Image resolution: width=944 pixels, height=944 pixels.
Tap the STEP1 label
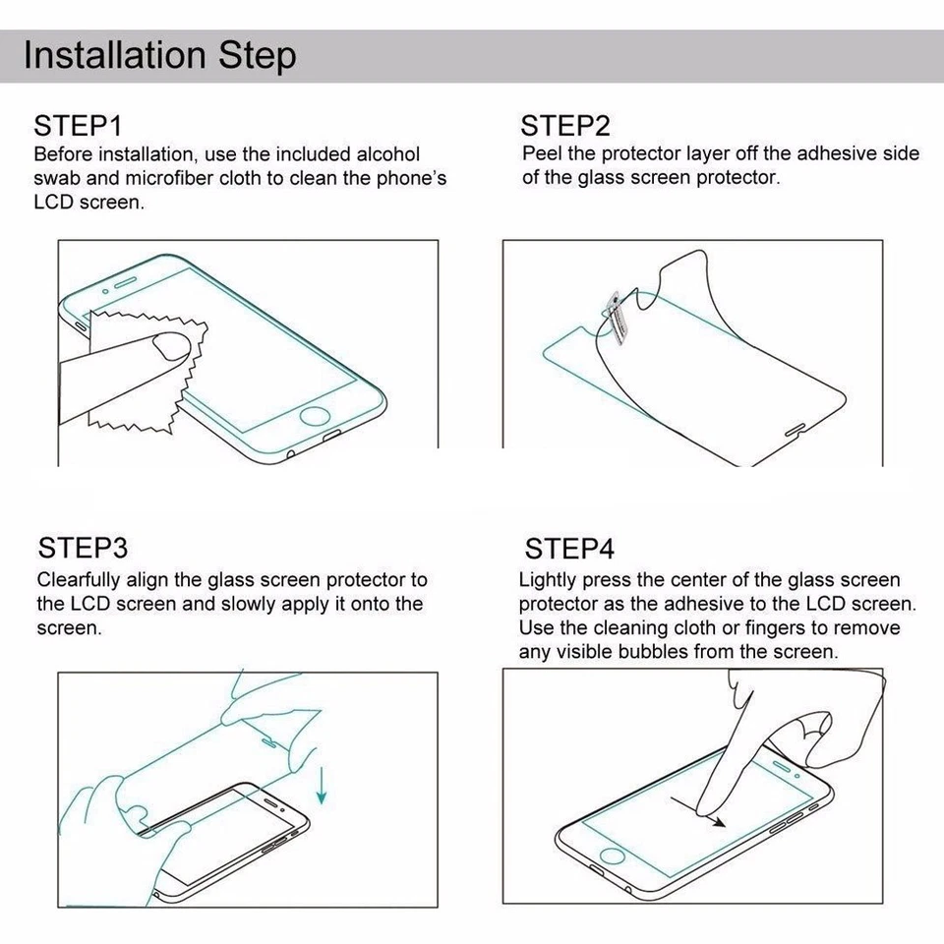[x=78, y=126]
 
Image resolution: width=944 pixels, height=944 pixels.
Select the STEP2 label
[x=565, y=126]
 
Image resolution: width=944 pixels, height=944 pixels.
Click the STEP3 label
[x=84, y=548]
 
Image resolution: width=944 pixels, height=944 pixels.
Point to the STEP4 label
[x=569, y=548]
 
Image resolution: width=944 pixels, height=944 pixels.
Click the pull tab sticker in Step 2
[x=616, y=318]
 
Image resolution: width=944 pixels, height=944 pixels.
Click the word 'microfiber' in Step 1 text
[x=182, y=179]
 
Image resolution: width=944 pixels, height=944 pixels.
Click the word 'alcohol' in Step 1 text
[x=387, y=154]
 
